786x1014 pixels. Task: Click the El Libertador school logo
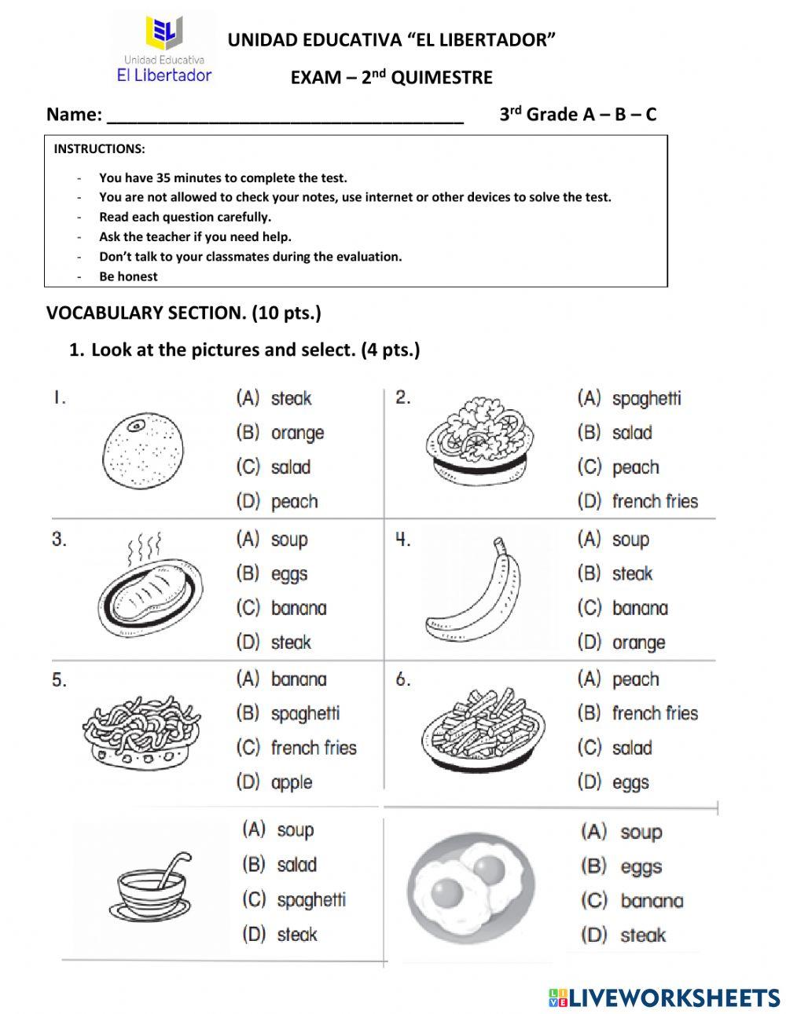click(x=164, y=49)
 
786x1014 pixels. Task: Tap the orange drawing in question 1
click(x=144, y=453)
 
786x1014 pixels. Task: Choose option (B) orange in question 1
click(x=281, y=433)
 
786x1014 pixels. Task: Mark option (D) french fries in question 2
click(x=637, y=501)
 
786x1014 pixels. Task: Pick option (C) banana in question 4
click(x=623, y=608)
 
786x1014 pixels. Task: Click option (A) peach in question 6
click(x=619, y=679)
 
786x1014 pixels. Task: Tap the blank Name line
click(x=285, y=115)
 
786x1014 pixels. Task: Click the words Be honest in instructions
click(x=128, y=276)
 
